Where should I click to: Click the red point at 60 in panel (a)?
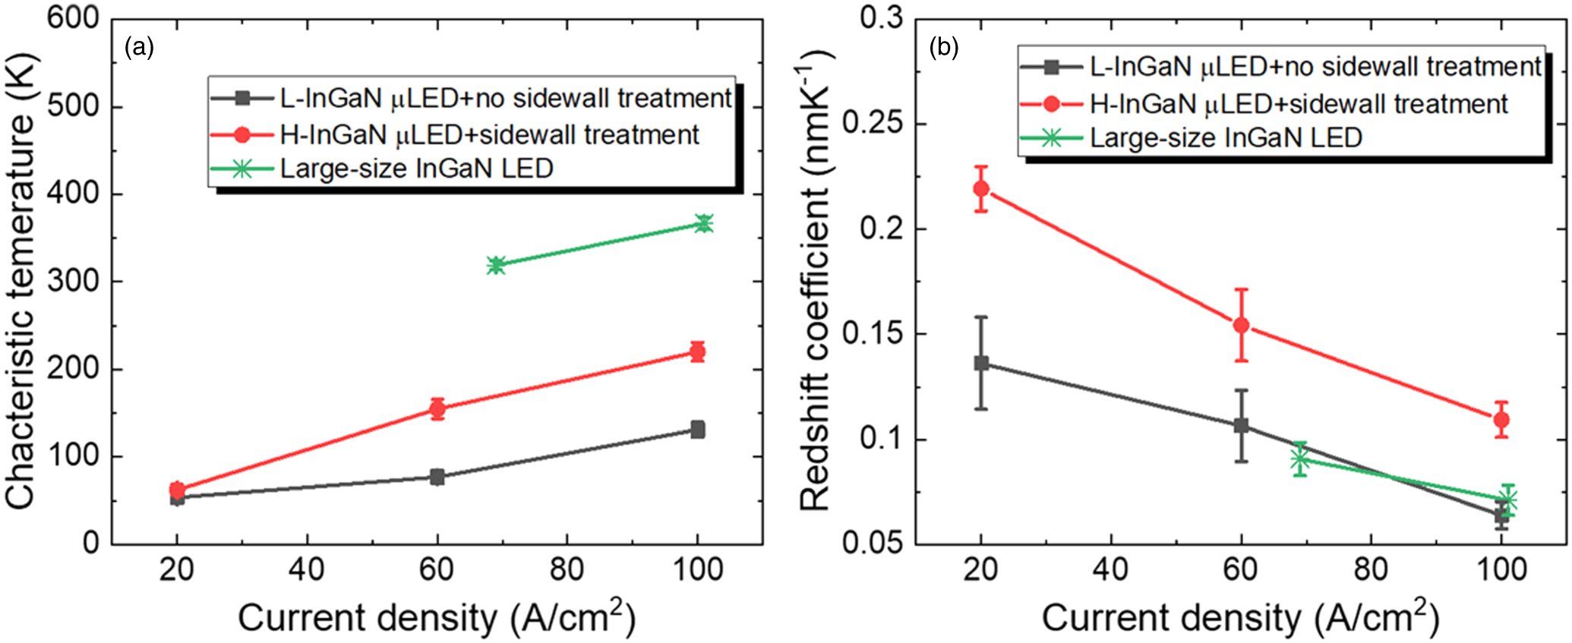click(437, 408)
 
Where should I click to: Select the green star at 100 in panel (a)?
click(704, 223)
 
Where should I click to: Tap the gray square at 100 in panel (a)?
click(697, 430)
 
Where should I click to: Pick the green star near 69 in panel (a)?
click(496, 265)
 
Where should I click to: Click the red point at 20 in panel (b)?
click(981, 188)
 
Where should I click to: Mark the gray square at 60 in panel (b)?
click(1241, 425)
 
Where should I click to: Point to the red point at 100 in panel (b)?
click(1501, 419)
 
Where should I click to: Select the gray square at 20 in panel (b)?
click(981, 363)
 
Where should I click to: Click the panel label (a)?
click(139, 48)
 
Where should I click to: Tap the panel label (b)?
click(943, 48)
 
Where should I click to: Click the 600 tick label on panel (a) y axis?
click(73, 18)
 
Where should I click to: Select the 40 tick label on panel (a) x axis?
click(307, 569)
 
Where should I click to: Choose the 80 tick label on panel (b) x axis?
click(1371, 569)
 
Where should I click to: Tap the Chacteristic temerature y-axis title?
click(21, 281)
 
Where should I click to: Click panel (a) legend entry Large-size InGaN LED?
click(416, 169)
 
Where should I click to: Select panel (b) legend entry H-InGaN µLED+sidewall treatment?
click(1299, 104)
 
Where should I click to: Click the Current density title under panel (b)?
click(1239, 618)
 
